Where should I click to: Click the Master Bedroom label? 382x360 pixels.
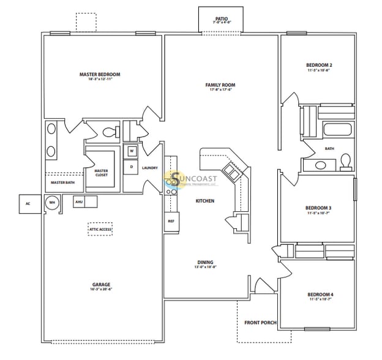pyautogui.click(x=100, y=75)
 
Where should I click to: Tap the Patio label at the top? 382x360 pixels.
pyautogui.click(x=222, y=19)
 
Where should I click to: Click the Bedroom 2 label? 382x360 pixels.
pyautogui.click(x=319, y=65)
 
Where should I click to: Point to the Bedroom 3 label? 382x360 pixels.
pyautogui.click(x=318, y=208)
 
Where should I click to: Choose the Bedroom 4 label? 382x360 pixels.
pyautogui.click(x=320, y=295)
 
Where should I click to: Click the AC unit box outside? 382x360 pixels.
pyautogui.click(x=28, y=203)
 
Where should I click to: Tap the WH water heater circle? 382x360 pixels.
pyautogui.click(x=52, y=203)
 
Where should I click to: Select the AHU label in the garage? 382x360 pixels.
pyautogui.click(x=78, y=201)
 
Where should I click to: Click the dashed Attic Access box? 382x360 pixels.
pyautogui.click(x=100, y=229)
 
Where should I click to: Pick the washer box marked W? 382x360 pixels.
pyautogui.click(x=132, y=151)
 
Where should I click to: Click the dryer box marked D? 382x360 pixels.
pyautogui.click(x=132, y=167)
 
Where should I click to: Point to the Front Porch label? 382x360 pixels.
pyautogui.click(x=260, y=322)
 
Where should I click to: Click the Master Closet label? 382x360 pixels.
pyautogui.click(x=101, y=173)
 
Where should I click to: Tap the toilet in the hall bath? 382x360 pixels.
pyautogui.click(x=346, y=160)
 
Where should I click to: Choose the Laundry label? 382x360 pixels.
pyautogui.click(x=150, y=168)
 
